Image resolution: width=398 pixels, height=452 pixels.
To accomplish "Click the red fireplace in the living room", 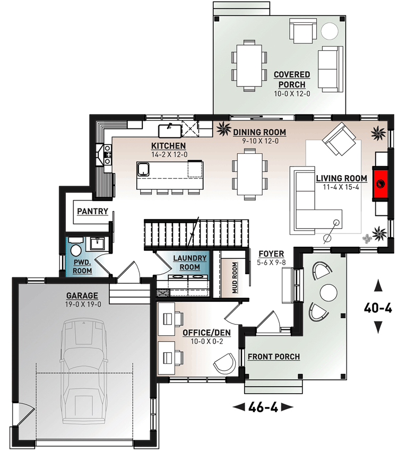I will tap(380, 184).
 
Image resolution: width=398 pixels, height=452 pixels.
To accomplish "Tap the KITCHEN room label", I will tap(168, 145).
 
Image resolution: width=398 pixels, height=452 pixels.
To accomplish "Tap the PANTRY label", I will tap(92, 211).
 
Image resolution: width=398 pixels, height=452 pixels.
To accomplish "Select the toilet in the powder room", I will tap(75, 248).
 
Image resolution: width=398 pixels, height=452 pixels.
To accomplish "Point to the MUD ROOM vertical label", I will tap(234, 277).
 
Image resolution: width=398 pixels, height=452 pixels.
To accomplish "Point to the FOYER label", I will tap(271, 254).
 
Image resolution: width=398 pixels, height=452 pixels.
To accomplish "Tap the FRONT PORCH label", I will tap(273, 357).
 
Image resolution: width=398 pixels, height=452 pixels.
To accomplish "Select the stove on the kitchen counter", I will tap(107, 154).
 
